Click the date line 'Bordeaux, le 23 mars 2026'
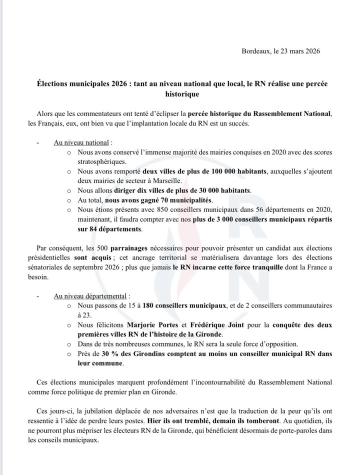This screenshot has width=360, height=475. pyautogui.click(x=280, y=51)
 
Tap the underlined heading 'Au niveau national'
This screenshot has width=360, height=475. pyautogui.click(x=81, y=142)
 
